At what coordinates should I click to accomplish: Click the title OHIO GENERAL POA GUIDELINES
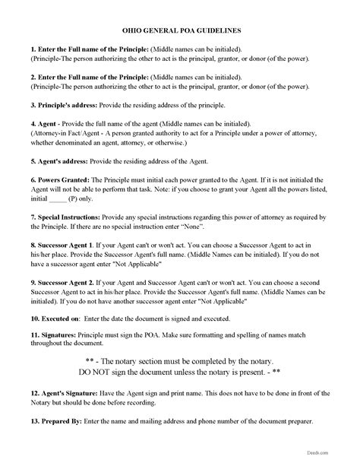point(179,31)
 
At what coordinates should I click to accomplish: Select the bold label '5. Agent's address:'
point(55,161)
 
